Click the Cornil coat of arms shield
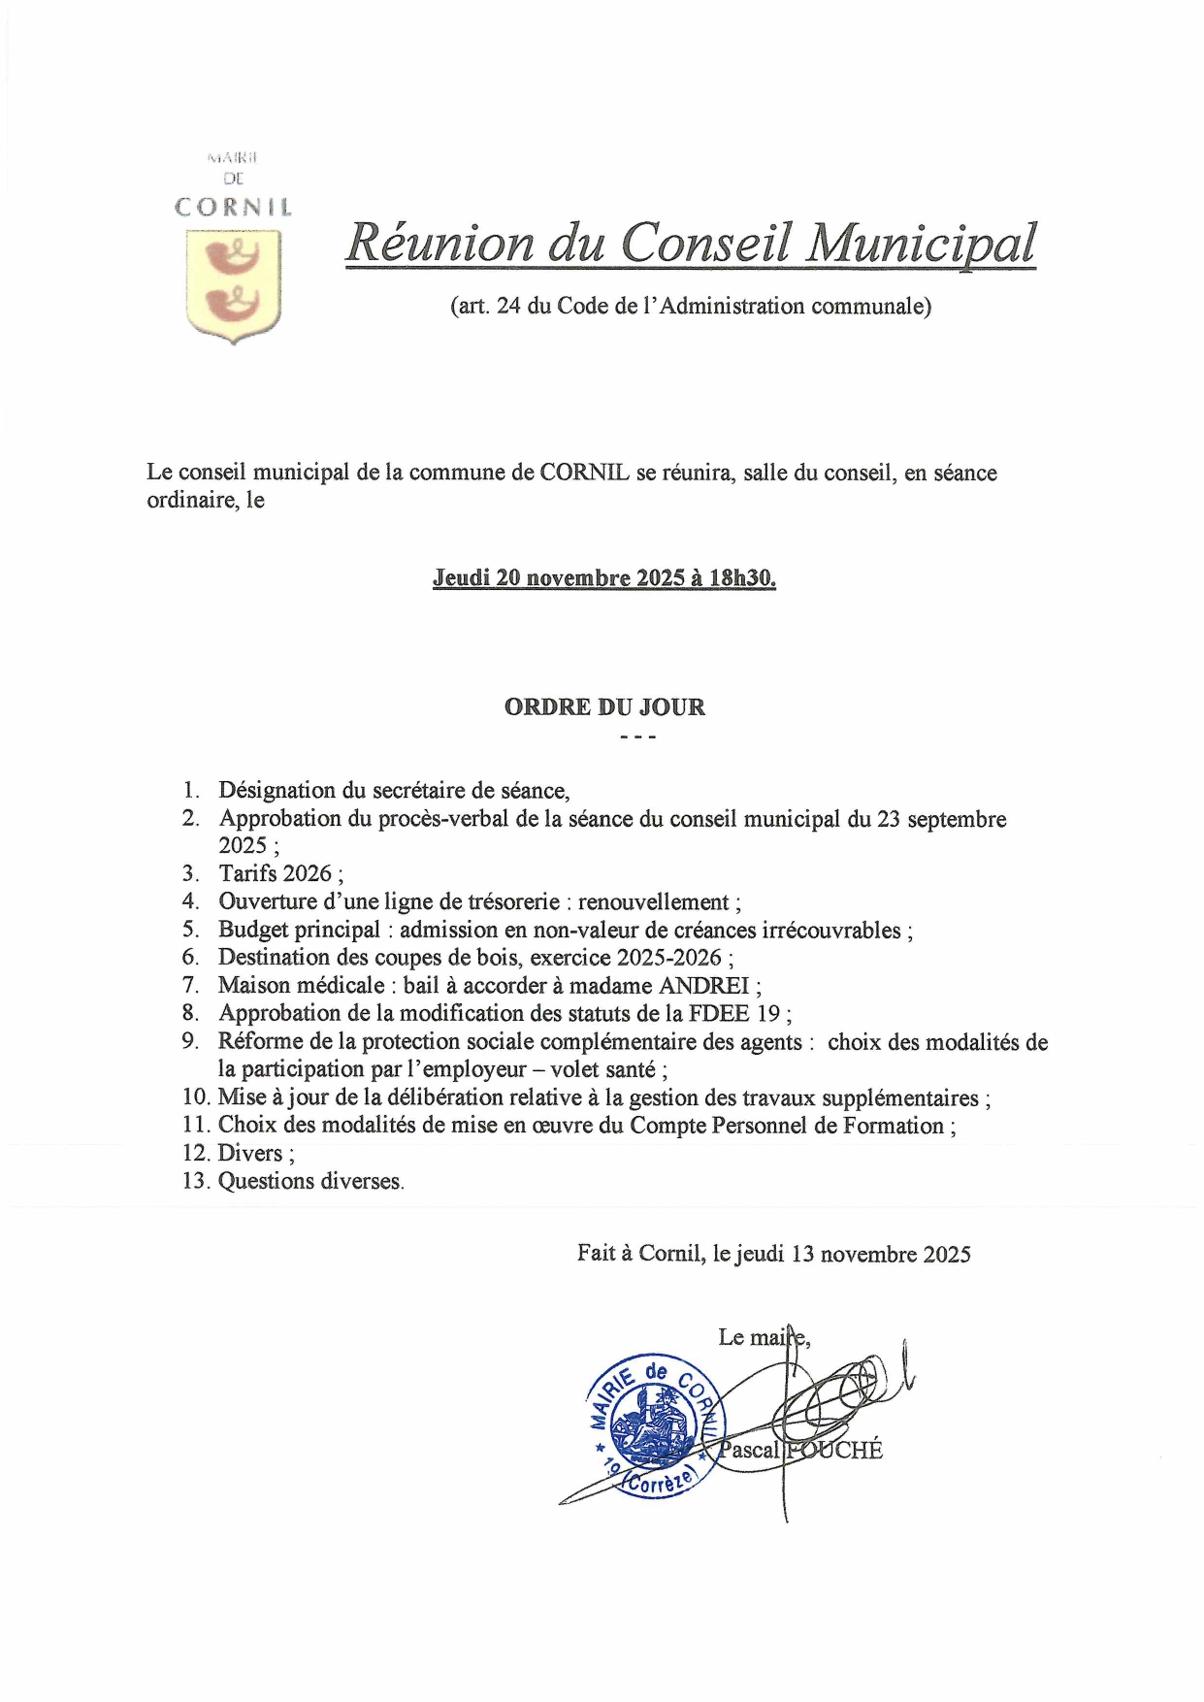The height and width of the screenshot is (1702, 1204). click(233, 285)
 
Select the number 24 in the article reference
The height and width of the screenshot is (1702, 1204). click(508, 307)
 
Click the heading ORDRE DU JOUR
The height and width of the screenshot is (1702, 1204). click(604, 707)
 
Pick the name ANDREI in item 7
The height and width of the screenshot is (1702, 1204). click(704, 986)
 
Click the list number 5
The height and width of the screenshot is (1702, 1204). click(190, 930)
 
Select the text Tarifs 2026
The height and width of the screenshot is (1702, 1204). click(276, 873)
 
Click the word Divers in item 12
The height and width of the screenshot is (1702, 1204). click(250, 1154)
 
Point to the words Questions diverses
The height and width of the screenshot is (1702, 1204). click(309, 1182)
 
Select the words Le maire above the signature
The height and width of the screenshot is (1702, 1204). click(763, 1337)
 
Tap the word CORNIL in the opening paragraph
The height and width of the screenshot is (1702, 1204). click(584, 474)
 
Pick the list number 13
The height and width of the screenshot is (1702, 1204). click(196, 1182)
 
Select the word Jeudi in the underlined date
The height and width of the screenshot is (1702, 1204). click(461, 578)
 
